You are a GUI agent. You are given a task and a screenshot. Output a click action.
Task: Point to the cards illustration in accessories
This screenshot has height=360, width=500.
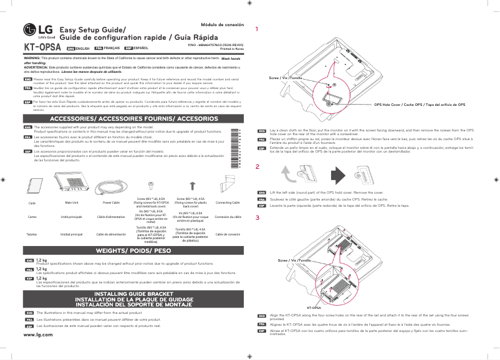tap(32, 186)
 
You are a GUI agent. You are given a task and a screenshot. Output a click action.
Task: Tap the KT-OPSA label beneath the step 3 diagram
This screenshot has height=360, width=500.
tap(313, 308)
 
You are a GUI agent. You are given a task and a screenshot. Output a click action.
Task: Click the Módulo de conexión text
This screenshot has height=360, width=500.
tap(221, 24)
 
